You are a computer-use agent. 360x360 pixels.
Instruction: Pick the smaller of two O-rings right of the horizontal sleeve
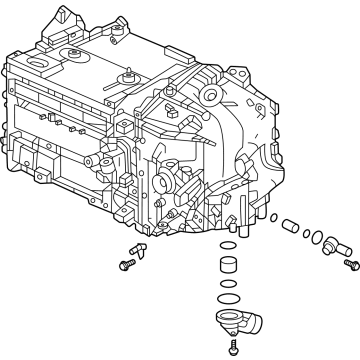tap(306, 234)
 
